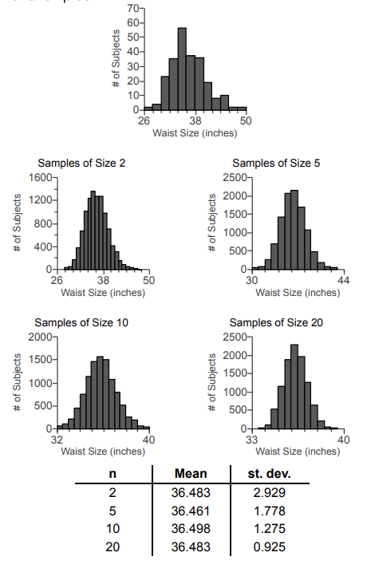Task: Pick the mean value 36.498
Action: click(x=191, y=528)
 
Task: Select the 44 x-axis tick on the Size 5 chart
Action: click(x=344, y=281)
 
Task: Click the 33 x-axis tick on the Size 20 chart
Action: click(x=252, y=440)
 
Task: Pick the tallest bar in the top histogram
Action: click(x=182, y=69)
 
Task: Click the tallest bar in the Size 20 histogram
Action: click(x=294, y=387)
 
